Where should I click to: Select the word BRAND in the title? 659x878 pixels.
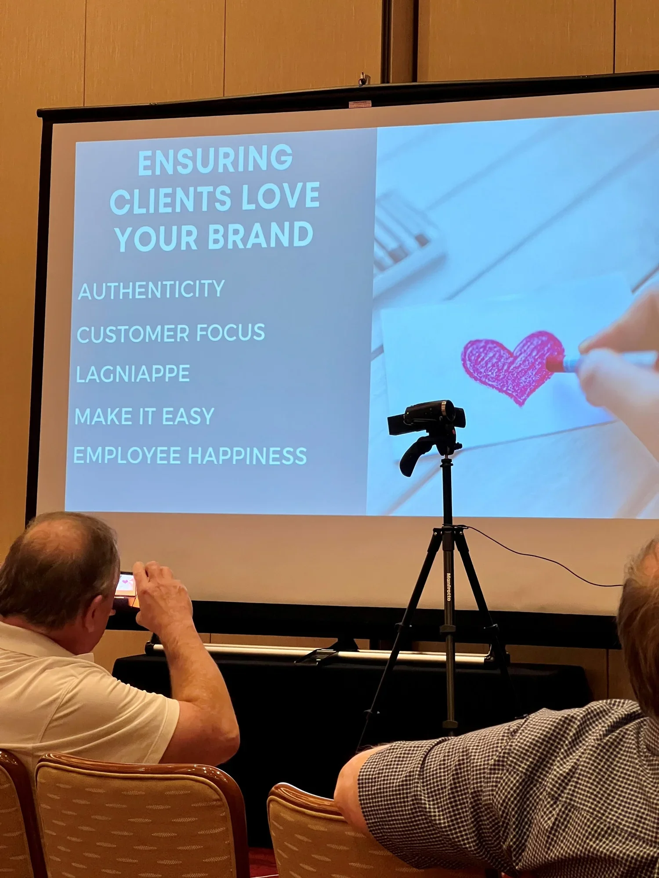point(260,235)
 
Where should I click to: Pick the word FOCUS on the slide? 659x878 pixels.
point(231,332)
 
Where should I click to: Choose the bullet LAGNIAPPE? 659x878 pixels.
point(133,374)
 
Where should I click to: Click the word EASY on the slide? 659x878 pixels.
point(188,416)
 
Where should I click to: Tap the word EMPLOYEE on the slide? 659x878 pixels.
point(127,455)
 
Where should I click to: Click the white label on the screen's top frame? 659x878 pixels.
point(360,104)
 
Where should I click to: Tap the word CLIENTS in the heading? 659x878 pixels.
point(170,200)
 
